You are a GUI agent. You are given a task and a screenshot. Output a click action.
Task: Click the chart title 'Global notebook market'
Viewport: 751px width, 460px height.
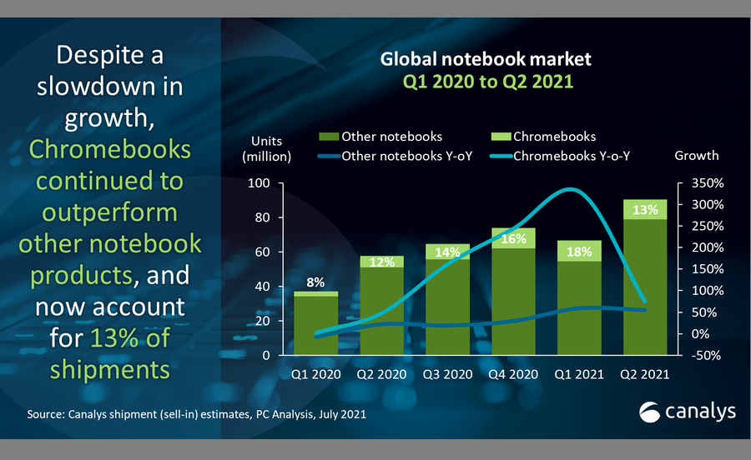coord(474,60)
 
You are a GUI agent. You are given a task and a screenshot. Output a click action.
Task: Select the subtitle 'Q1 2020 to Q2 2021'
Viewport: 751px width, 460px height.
coord(474,83)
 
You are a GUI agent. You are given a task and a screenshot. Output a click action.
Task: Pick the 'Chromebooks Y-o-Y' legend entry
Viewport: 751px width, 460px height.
coord(571,155)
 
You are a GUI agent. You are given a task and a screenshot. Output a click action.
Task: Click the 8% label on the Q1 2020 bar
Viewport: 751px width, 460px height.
coord(316,282)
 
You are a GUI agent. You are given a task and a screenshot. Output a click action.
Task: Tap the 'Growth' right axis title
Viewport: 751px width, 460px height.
coord(696,155)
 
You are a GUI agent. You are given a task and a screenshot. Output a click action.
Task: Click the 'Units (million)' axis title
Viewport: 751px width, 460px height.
coord(266,146)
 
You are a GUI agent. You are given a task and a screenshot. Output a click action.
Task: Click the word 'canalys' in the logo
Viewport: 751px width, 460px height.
coord(698,411)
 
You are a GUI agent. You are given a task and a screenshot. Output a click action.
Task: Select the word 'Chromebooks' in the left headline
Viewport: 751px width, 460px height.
coord(110,150)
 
